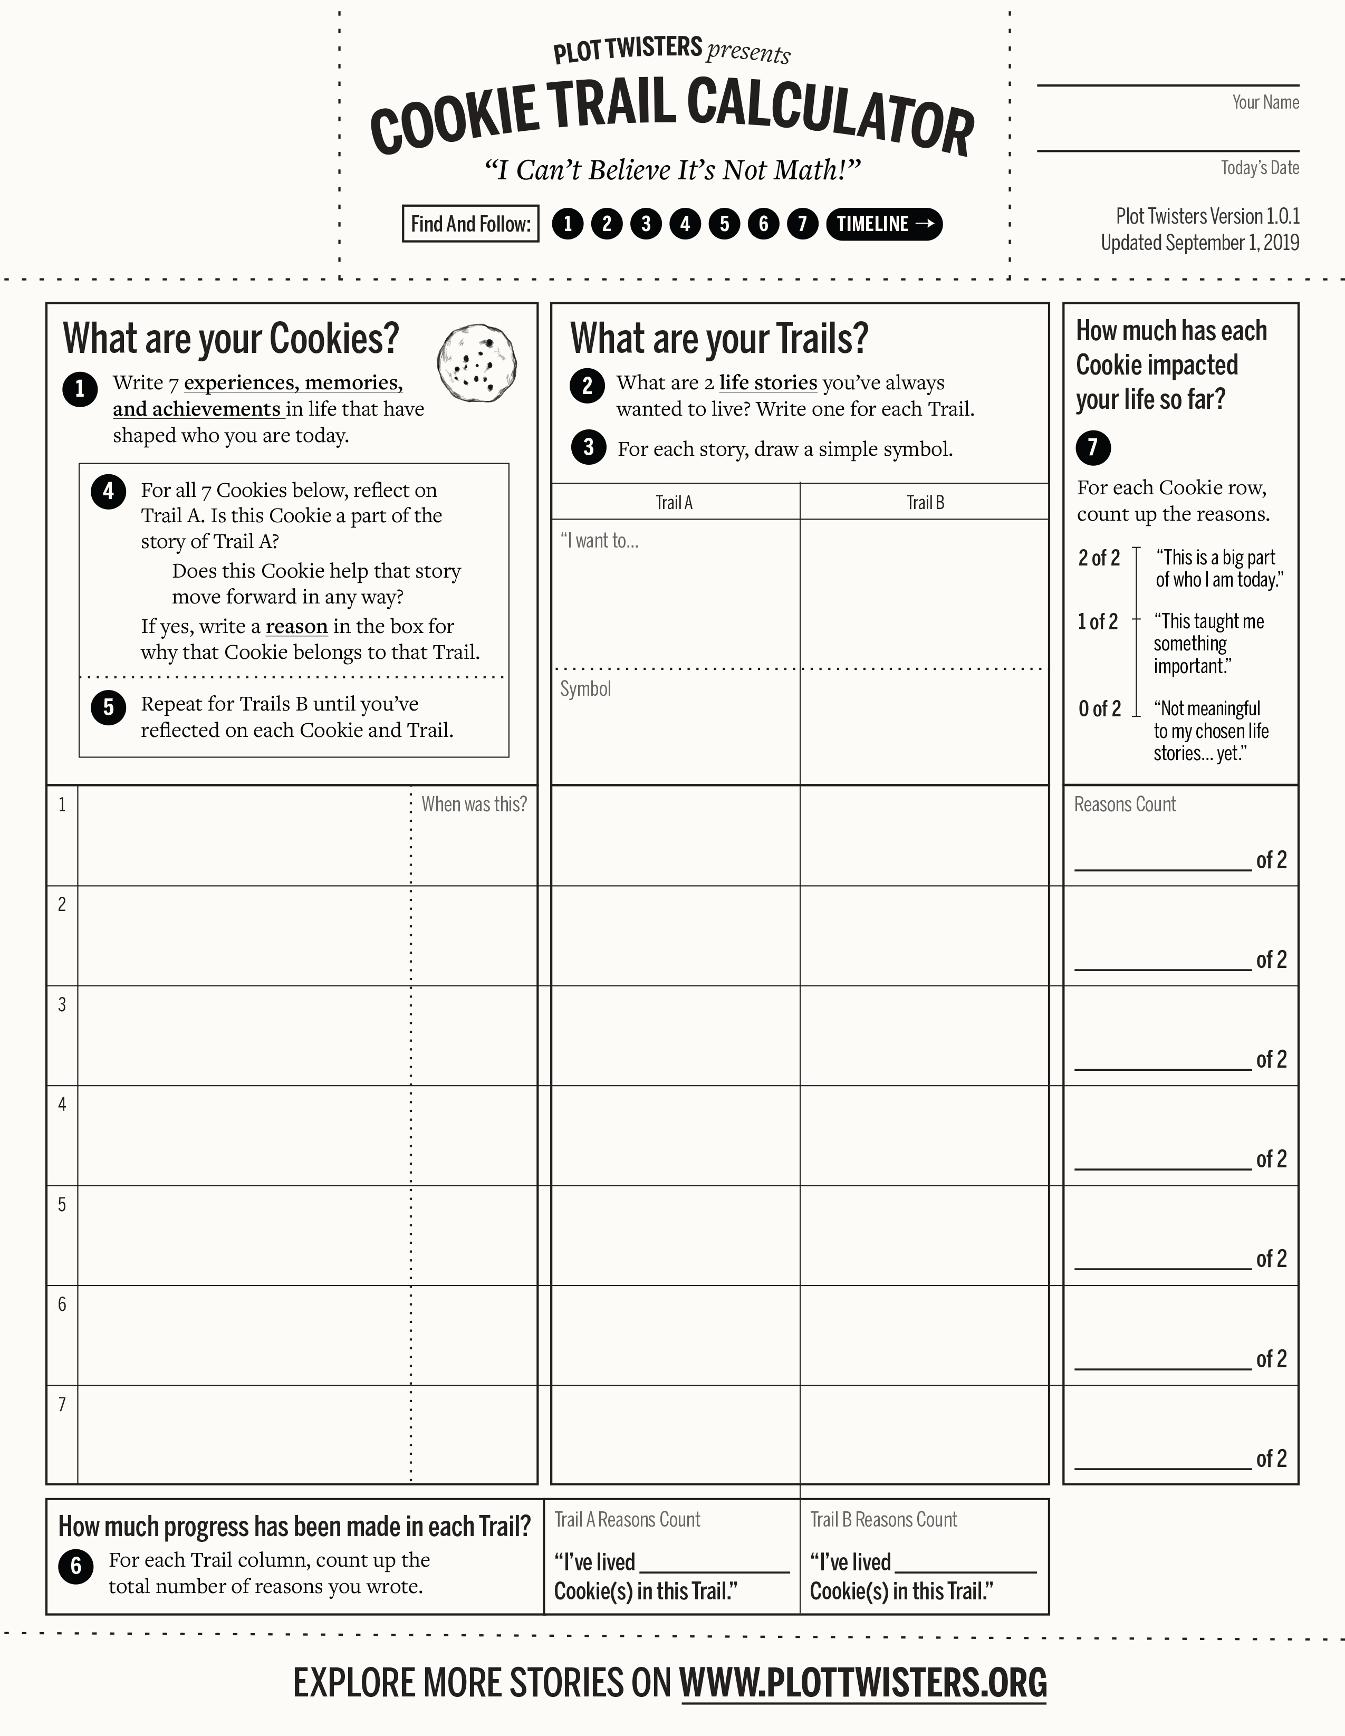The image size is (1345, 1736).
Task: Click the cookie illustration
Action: pos(477,362)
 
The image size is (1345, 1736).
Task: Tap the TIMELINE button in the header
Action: pos(884,224)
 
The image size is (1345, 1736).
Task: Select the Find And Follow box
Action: pos(470,224)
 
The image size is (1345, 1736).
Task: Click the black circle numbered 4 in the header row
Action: pos(685,224)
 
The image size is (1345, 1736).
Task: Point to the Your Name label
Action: pos(1265,102)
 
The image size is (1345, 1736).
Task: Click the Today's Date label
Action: pos(1260,168)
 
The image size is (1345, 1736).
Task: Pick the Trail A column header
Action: pos(674,502)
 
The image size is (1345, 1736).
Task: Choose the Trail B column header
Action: pos(925,502)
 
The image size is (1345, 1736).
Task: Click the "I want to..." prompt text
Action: pos(599,541)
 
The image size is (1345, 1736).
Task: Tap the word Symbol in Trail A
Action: pos(586,689)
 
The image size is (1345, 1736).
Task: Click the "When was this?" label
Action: pos(474,804)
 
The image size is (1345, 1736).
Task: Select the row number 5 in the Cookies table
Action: pos(62,1204)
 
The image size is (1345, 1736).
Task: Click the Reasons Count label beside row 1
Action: pos(1125,804)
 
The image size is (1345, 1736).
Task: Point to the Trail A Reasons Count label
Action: pos(627,1520)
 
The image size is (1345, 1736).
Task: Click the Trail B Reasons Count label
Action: pos(883,1520)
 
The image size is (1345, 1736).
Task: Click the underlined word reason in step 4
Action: pos(296,626)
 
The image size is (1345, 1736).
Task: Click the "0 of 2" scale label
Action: pos(1099,708)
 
